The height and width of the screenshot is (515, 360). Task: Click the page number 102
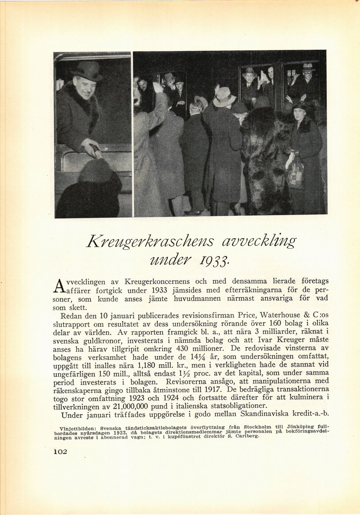[57, 451]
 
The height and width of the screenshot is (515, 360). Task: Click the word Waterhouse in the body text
[281, 316]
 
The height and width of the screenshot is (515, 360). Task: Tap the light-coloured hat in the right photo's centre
[225, 96]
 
